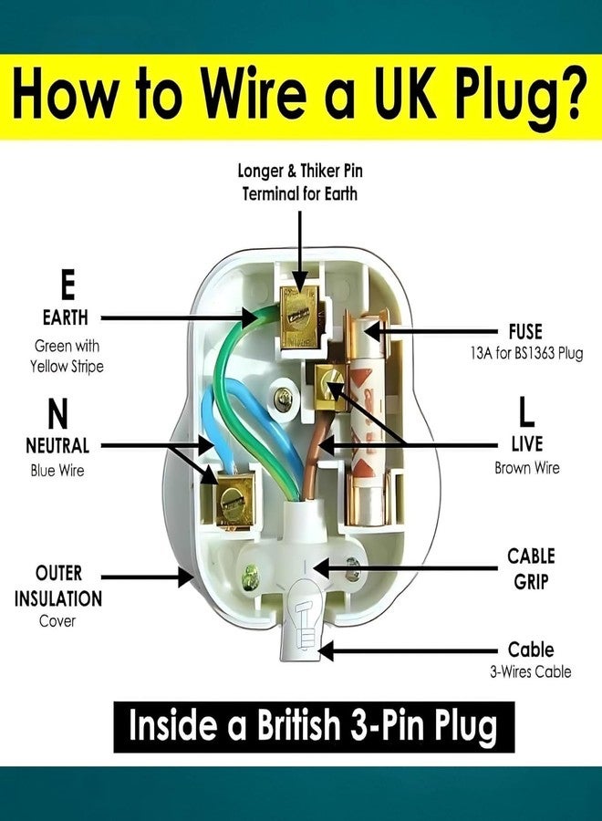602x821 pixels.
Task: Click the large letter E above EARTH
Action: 67,285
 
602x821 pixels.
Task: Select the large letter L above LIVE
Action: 526,411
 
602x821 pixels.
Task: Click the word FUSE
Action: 525,332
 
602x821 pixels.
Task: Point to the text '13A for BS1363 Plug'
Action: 526,353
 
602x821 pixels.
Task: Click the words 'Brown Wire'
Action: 526,468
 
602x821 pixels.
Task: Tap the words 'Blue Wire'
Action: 57,470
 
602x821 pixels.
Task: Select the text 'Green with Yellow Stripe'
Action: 67,356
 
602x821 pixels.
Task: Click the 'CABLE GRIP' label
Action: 531,568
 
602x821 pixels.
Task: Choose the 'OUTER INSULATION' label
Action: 58,586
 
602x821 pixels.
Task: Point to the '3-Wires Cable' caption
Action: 530,671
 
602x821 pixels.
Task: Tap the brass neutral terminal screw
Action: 231,500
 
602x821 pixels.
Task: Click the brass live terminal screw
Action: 331,388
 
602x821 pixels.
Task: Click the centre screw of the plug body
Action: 283,399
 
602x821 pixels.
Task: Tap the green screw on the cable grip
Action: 249,578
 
